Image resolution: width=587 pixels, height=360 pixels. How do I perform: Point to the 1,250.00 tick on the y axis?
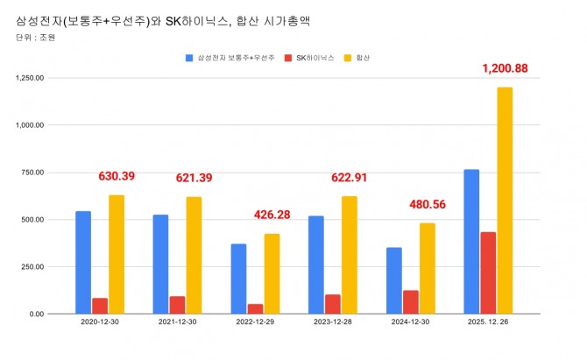pyautogui.click(x=32, y=78)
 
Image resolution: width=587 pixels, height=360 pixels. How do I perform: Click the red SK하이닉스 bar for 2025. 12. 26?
pyautogui.click(x=488, y=272)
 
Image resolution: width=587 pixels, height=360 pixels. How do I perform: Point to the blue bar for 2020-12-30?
pyautogui.click(x=83, y=262)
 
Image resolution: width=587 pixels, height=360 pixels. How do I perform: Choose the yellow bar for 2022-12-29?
pyautogui.click(x=272, y=273)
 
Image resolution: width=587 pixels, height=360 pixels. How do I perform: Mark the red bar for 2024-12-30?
pyautogui.click(x=410, y=301)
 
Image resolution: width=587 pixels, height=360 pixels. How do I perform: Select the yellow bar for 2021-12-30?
pyautogui.click(x=194, y=255)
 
